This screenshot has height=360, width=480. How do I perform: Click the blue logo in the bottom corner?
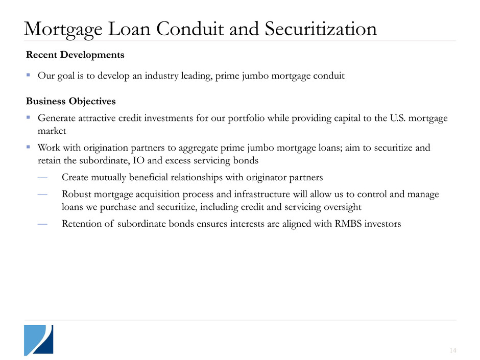click(38, 340)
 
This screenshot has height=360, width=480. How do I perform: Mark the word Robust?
click(75, 195)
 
